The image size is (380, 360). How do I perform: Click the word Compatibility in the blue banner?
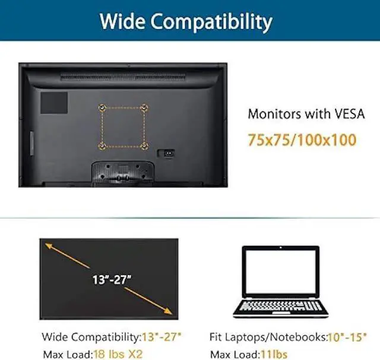click(x=213, y=23)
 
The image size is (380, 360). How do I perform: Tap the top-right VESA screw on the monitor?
click(x=145, y=107)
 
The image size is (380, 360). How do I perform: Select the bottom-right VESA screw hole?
click(x=145, y=145)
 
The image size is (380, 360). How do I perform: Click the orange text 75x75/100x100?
click(x=302, y=141)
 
